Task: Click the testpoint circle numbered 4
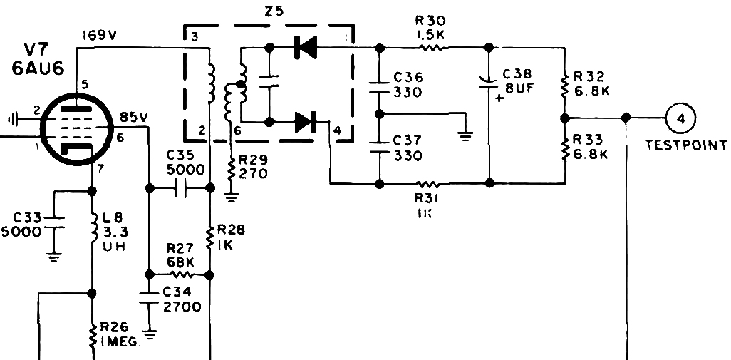click(x=680, y=118)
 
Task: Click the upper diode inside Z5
click(x=306, y=47)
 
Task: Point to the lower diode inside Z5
click(x=306, y=122)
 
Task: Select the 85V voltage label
click(x=134, y=117)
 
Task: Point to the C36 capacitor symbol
click(x=380, y=88)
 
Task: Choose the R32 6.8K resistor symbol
click(x=565, y=85)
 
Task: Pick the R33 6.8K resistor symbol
click(x=565, y=148)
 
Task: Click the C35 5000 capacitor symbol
click(x=180, y=188)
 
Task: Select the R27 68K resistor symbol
click(x=180, y=274)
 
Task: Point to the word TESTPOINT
click(x=685, y=145)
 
